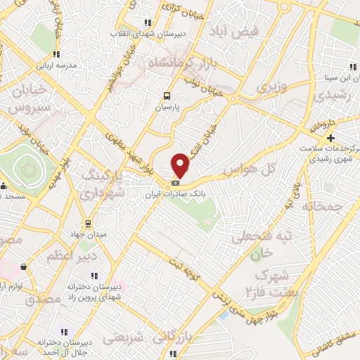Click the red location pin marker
181,165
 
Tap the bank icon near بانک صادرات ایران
175,184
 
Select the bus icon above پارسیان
167,96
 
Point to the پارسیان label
167,108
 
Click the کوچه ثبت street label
184,268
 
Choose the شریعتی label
127,338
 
